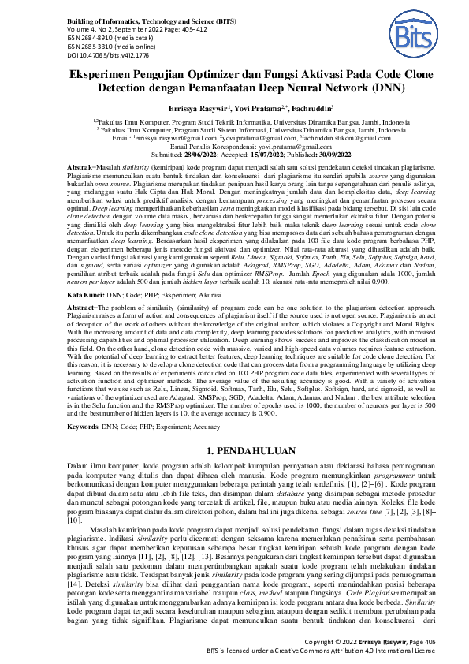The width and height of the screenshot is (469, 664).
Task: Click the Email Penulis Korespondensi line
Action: (234, 147)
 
